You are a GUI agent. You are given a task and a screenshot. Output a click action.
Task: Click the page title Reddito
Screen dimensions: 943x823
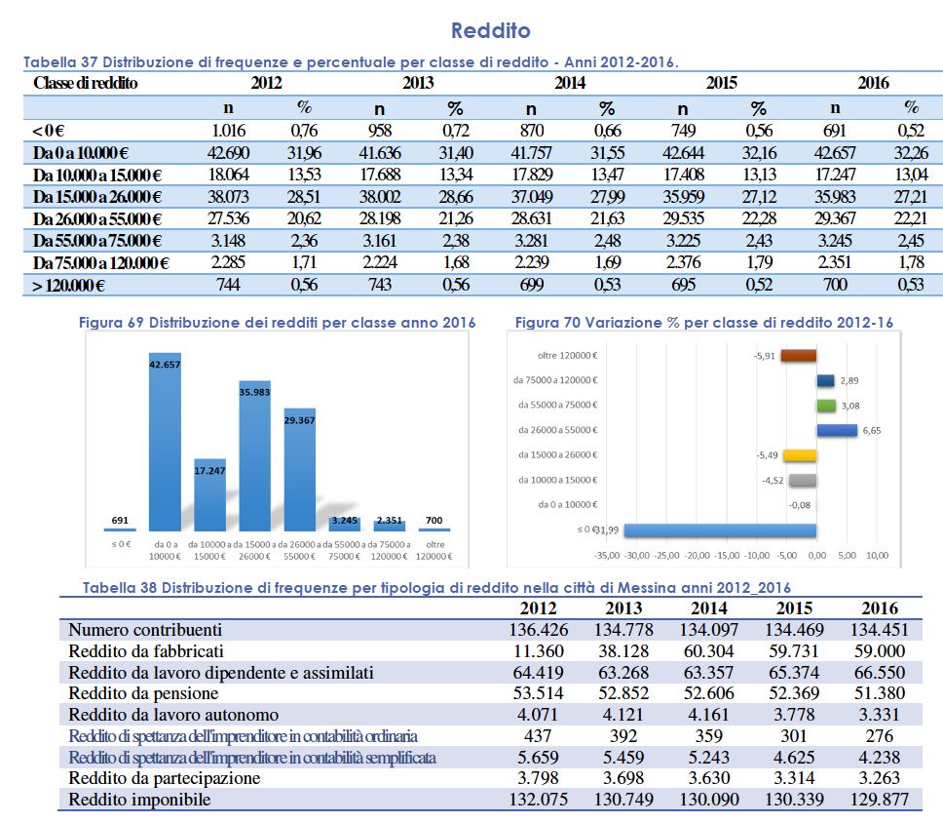coord(491,30)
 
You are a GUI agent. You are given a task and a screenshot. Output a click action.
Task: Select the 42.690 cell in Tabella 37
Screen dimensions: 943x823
coord(228,153)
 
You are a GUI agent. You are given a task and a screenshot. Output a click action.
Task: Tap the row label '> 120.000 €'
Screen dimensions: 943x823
coord(68,285)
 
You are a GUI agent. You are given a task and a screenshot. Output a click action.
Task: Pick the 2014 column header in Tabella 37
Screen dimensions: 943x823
coord(570,83)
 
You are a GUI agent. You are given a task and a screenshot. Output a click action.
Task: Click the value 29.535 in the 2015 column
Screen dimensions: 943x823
coord(683,218)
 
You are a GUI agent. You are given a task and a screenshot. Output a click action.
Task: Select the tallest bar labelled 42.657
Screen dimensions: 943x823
coord(165,442)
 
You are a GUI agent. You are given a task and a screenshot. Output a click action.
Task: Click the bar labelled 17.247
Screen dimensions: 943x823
coord(209,495)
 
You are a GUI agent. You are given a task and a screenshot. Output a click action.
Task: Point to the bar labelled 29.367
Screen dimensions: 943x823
coord(299,470)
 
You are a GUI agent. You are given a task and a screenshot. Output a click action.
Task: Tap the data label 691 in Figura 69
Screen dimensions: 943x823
coord(120,520)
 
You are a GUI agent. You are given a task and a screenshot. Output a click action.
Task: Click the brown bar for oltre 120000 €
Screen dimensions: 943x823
coord(799,356)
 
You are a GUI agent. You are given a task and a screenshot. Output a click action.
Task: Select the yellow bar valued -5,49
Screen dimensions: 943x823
coord(800,455)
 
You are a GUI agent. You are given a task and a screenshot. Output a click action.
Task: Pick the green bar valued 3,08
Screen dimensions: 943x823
coord(826,406)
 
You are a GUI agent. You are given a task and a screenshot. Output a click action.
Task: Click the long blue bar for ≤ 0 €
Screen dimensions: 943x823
coord(721,530)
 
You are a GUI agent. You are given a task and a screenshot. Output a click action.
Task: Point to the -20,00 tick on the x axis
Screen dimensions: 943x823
coord(698,556)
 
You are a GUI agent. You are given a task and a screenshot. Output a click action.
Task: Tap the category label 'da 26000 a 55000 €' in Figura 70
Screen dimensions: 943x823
coord(558,430)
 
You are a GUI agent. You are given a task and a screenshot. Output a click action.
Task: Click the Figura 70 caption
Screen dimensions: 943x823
coord(704,323)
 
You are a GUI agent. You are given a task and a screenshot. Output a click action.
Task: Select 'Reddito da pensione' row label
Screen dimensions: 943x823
coord(143,693)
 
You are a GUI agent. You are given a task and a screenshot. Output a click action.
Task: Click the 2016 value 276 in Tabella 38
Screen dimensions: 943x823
coord(880,735)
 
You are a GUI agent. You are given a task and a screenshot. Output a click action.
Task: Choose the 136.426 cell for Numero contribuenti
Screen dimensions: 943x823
coord(539,630)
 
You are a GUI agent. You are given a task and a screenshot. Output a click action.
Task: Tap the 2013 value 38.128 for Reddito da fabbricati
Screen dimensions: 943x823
coord(623,650)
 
